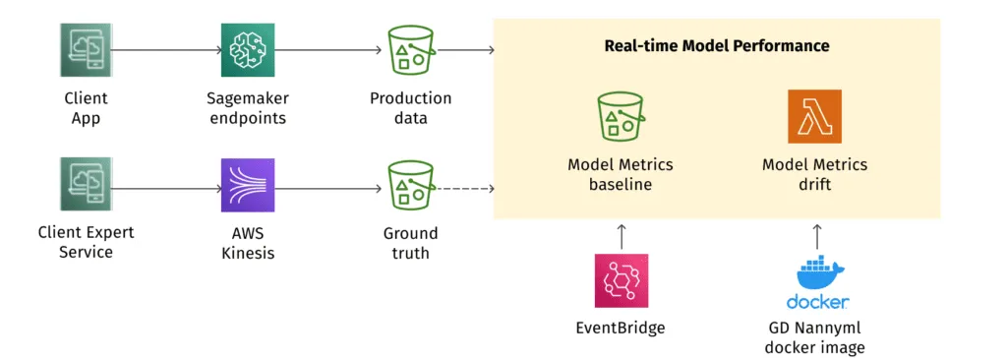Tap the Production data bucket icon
(411, 49)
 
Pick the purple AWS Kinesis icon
(247, 184)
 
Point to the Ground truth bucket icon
(411, 184)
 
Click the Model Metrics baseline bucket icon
(621, 117)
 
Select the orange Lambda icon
(814, 117)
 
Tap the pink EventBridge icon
(621, 280)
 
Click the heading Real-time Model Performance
(716, 45)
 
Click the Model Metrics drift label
(814, 174)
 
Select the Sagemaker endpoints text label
(246, 108)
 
